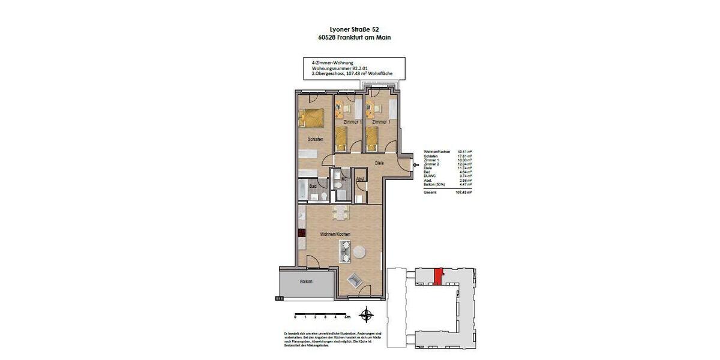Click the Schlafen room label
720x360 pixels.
tap(316, 139)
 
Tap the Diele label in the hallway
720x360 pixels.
tap(379, 163)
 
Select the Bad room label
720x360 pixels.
tap(313, 186)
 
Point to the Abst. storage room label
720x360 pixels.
tap(361, 179)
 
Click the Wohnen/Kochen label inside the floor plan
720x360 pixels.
tap(335, 233)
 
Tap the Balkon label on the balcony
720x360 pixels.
tap(306, 281)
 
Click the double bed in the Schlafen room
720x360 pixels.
tap(313, 116)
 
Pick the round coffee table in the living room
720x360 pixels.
tap(360, 251)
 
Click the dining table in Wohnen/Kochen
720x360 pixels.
tap(340, 211)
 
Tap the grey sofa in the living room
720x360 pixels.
tap(346, 251)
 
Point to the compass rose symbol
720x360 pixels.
tap(365, 314)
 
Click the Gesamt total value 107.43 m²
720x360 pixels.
tap(463, 193)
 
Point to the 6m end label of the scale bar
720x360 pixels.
tap(355, 316)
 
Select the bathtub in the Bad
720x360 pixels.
tap(301, 191)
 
